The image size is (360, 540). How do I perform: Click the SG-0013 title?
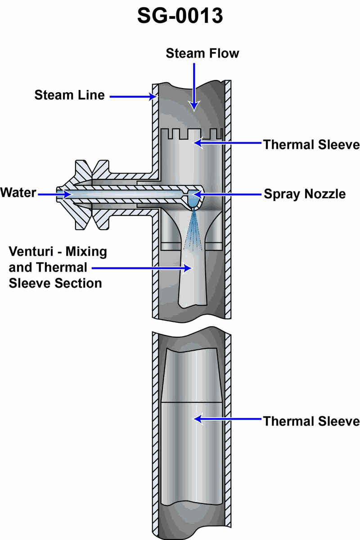click(180, 16)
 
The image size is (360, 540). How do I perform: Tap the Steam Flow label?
click(202, 54)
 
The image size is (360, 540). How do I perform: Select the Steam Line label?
click(70, 95)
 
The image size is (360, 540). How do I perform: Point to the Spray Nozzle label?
click(305, 194)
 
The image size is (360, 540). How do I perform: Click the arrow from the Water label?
click(54, 194)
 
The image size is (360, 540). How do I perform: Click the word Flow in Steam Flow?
click(224, 54)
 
